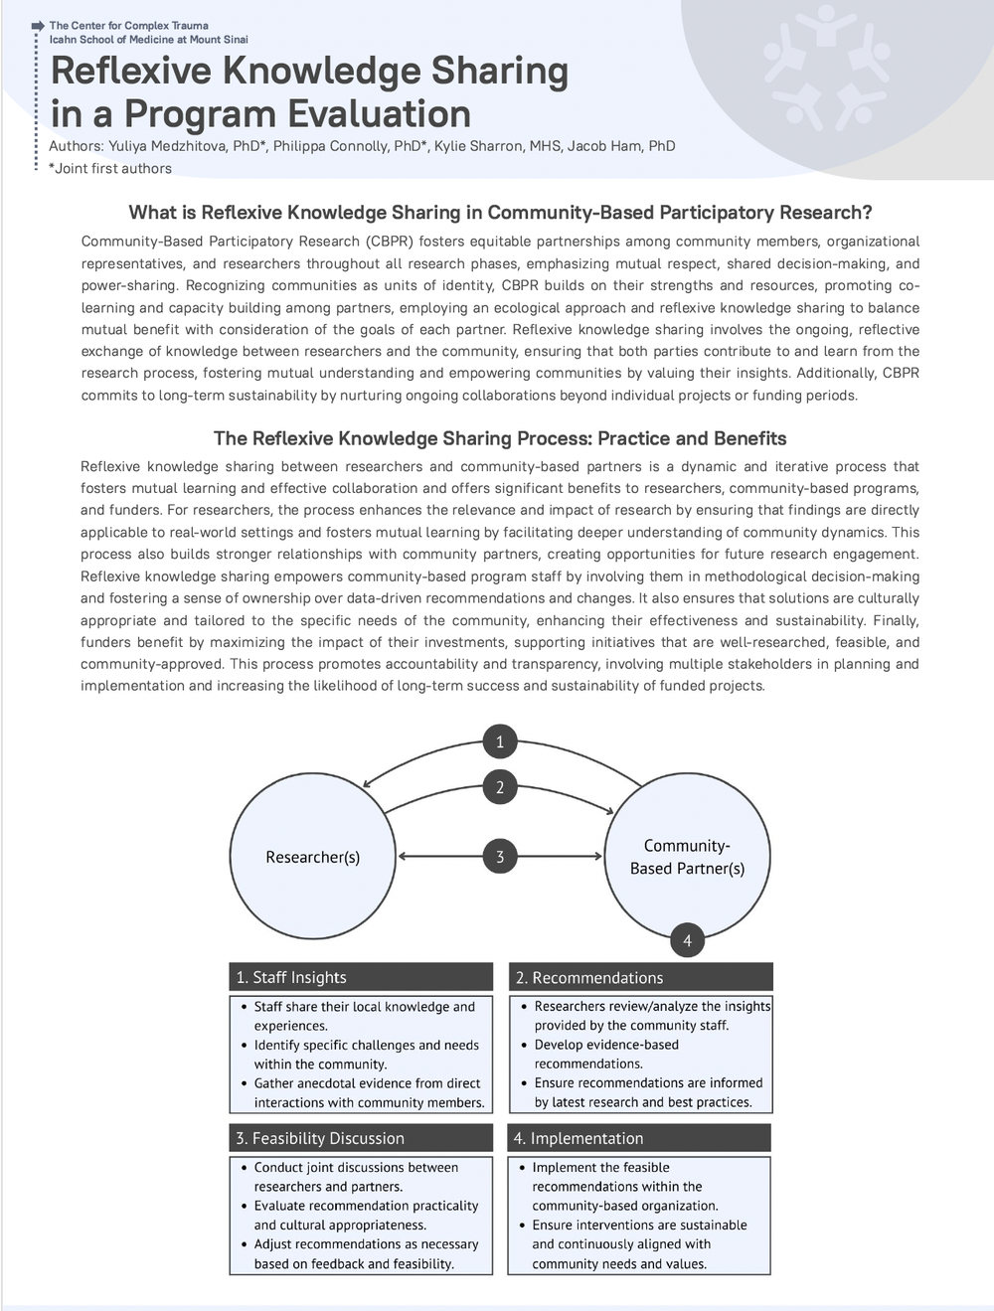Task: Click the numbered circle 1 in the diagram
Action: [x=500, y=741]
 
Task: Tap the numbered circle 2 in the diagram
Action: [x=500, y=787]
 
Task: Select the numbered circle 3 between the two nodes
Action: [x=500, y=857]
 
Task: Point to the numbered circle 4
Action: [x=687, y=940]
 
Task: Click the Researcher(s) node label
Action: [x=313, y=857]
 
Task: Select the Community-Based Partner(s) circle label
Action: [x=687, y=857]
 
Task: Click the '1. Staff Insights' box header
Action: [x=361, y=977]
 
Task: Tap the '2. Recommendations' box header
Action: [x=640, y=977]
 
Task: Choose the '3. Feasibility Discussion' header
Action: [x=361, y=1138]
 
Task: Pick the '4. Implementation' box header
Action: [x=639, y=1138]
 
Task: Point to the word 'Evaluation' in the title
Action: [x=378, y=114]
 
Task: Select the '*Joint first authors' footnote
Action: [x=110, y=168]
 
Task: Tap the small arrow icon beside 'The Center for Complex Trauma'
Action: [x=39, y=25]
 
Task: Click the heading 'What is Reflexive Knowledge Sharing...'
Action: [x=500, y=213]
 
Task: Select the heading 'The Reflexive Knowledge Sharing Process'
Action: [x=500, y=438]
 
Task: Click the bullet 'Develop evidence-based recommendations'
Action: [x=606, y=1054]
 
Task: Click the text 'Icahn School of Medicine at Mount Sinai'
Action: [x=149, y=40]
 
